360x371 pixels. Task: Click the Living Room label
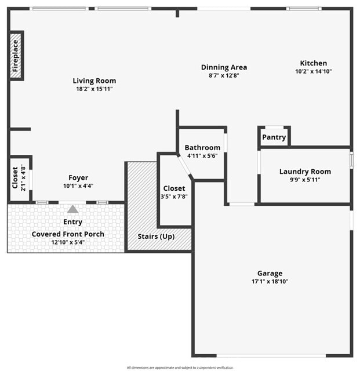tap(94, 81)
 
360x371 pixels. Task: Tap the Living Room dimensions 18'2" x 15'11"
tap(94, 89)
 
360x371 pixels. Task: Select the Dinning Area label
tap(224, 67)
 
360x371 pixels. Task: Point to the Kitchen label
tap(313, 63)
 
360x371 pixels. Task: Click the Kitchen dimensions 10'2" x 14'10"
tap(313, 71)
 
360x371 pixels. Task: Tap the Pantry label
tap(274, 137)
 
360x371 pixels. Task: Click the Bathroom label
tap(202, 148)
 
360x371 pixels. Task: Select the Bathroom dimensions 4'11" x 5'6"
tap(202, 156)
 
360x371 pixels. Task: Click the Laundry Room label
tap(305, 172)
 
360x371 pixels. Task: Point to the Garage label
tap(270, 273)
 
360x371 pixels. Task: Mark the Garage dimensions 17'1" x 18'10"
tap(270, 281)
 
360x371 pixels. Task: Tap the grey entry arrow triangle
tap(72, 209)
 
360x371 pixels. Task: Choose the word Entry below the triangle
tap(72, 222)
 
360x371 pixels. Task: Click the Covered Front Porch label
tap(68, 234)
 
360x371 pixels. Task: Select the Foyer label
tap(78, 178)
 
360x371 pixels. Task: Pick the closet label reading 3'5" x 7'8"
tap(174, 197)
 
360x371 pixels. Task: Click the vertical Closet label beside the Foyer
tap(15, 179)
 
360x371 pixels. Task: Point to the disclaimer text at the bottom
tap(180, 368)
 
